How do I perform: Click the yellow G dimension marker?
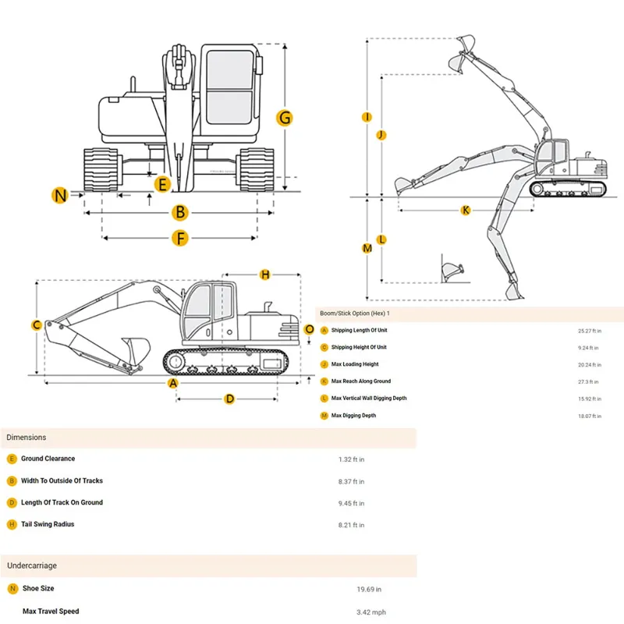(285, 118)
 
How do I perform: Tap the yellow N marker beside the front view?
(60, 195)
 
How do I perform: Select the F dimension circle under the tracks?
(180, 238)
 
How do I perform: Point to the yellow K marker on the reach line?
(466, 210)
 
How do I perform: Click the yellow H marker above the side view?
(265, 275)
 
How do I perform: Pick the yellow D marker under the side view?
(229, 399)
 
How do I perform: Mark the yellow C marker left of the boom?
(36, 325)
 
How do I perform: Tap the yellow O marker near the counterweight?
(310, 329)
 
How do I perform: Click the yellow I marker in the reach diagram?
(367, 117)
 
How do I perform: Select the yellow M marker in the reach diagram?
(367, 248)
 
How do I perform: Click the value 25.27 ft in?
(588, 331)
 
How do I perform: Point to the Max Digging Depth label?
(353, 416)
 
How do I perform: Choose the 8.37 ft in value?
(351, 481)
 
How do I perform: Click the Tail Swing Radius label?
(48, 524)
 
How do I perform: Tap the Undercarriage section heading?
(32, 565)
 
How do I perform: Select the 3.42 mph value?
(371, 612)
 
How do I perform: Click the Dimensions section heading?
(27, 438)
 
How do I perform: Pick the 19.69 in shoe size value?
(369, 590)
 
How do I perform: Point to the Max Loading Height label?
(355, 364)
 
